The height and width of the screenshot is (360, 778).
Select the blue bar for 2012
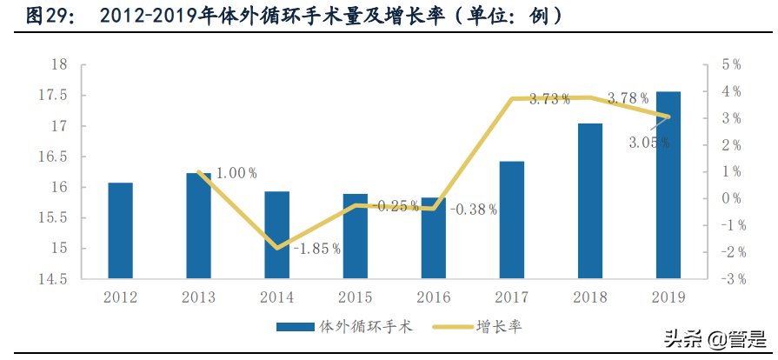pos(120,231)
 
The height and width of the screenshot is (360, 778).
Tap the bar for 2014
pos(276,236)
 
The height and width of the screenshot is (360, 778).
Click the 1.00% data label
pos(236,173)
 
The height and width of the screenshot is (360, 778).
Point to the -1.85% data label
pos(316,249)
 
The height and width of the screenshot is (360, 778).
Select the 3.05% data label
pos(649,142)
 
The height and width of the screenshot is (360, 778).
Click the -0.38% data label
pos(473,209)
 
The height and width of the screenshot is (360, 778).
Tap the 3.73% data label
pos(549,99)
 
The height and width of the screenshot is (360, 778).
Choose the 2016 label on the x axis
pos(433,297)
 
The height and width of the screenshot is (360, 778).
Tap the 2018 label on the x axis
pos(589,297)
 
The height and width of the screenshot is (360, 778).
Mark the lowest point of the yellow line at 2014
pos(276,248)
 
